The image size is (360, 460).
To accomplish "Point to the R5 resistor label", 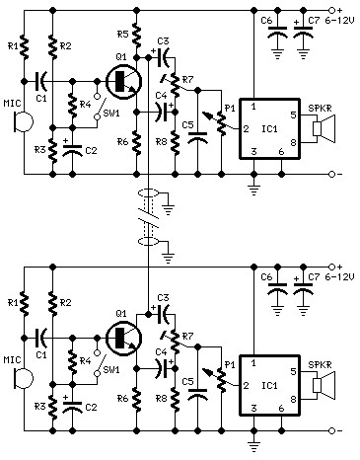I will pyautogui.click(x=121, y=35).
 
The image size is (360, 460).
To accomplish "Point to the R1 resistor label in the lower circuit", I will pyautogui.click(x=11, y=300).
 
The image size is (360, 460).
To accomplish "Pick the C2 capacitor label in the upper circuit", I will pyautogui.click(x=91, y=150).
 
